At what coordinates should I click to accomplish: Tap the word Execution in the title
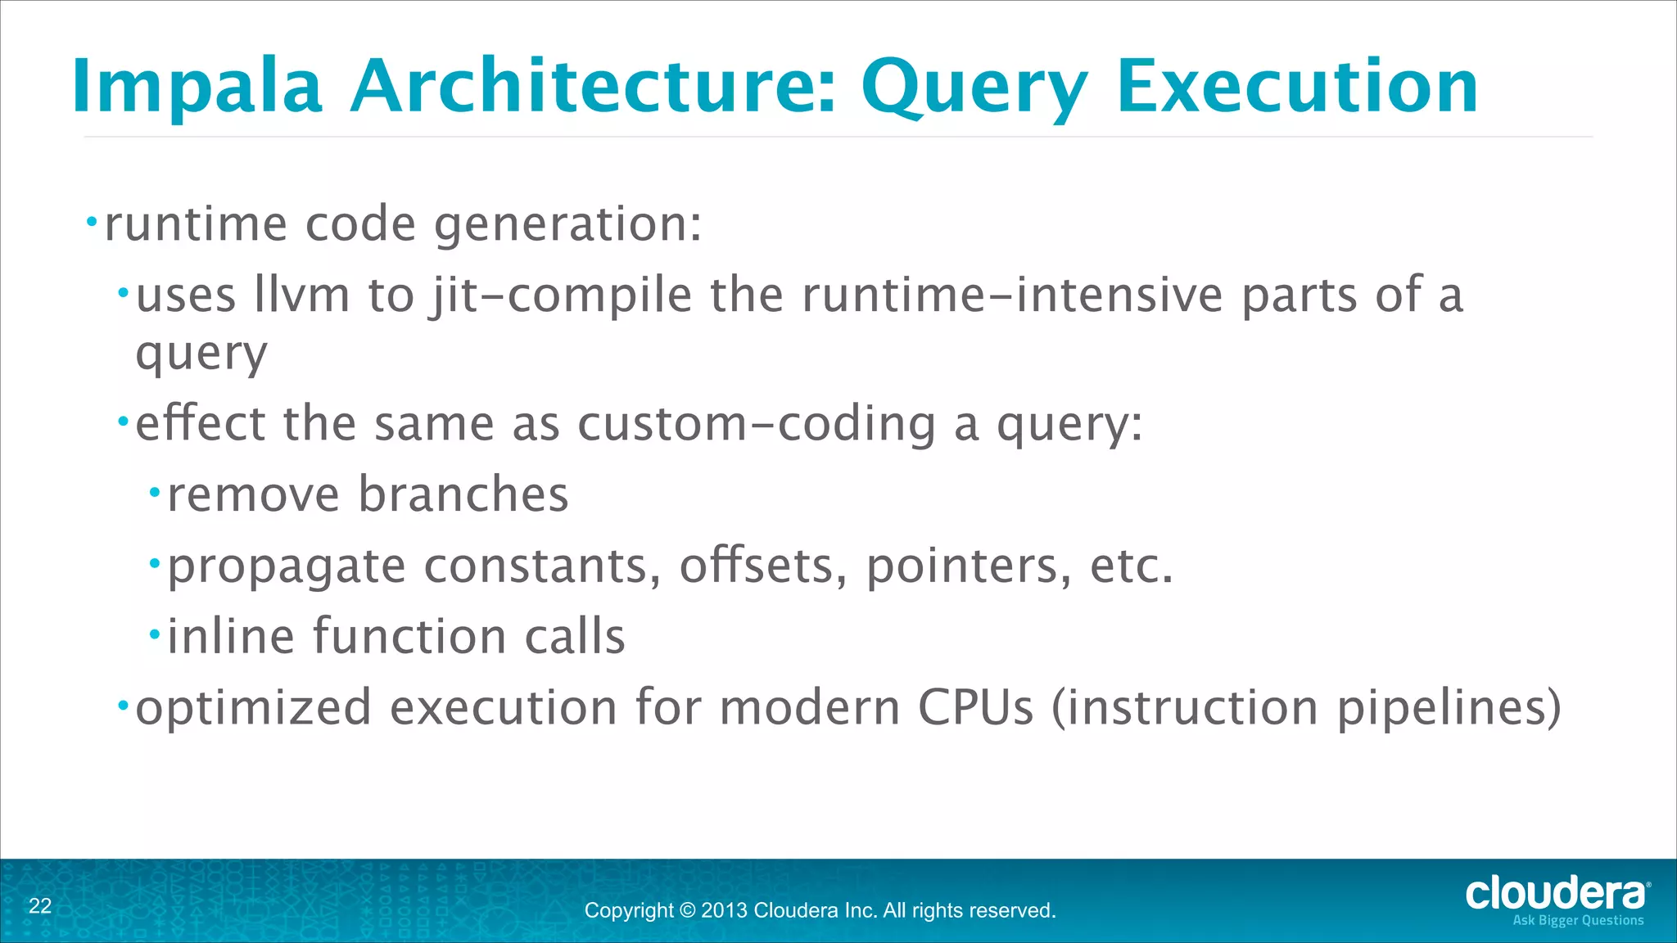pos(1297,87)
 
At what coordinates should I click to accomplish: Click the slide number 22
pos(40,906)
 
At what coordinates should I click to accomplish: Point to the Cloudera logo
pos(1556,893)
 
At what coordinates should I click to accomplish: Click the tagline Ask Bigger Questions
pos(1577,921)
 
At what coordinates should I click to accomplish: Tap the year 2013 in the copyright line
pos(724,910)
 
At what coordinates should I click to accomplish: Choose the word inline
pos(230,636)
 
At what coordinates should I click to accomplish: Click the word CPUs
pos(975,707)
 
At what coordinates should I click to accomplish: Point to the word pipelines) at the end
pos(1449,709)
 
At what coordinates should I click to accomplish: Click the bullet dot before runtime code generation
pos(92,222)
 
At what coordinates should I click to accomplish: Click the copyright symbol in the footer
pos(687,910)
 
